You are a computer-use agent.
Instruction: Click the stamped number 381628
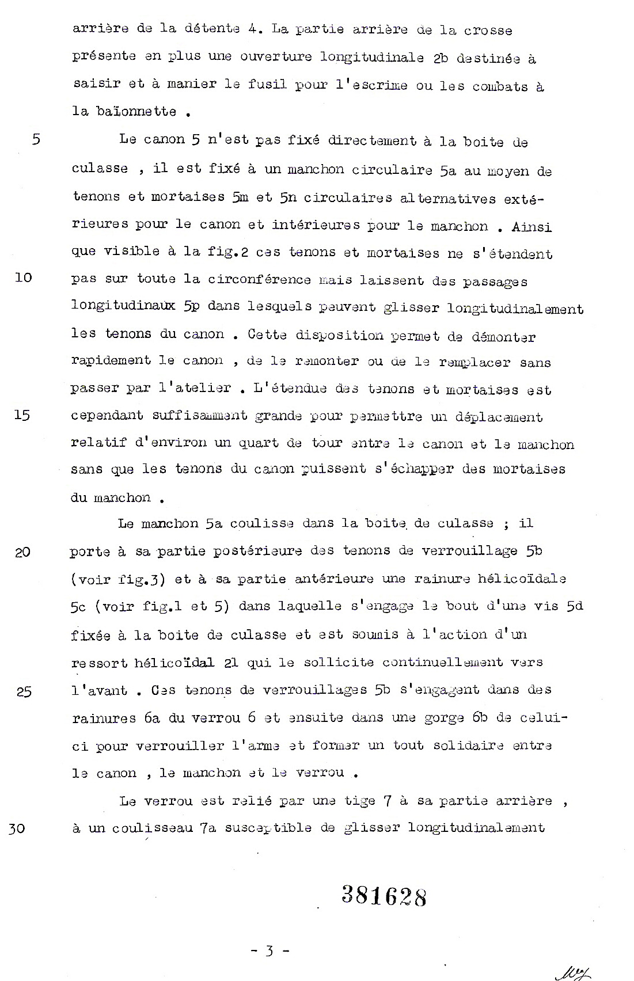point(384,895)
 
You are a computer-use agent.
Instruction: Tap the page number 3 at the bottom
point(268,950)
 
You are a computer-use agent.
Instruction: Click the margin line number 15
point(21,415)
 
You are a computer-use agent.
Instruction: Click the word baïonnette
point(124,111)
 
